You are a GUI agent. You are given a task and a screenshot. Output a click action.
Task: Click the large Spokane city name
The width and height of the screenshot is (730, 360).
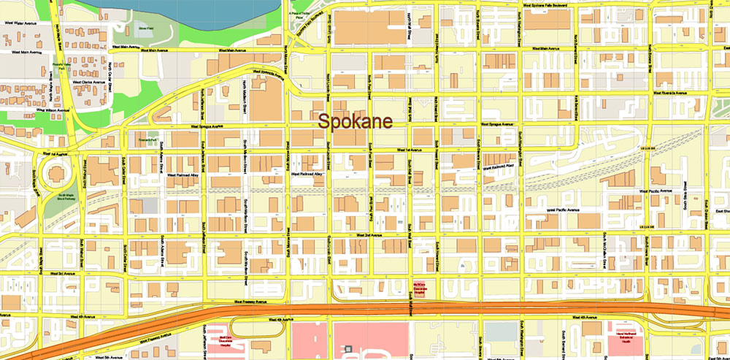(355, 121)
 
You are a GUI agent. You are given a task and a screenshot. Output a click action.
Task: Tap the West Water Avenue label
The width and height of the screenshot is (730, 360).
(19, 23)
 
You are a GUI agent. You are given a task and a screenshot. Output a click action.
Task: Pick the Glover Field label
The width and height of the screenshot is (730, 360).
(145, 28)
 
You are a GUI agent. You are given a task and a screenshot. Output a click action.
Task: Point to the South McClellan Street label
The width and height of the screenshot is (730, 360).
(604, 245)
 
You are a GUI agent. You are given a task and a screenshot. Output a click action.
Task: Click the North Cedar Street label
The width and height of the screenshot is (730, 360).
(110, 74)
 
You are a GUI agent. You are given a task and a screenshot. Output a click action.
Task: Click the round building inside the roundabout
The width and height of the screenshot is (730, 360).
(55, 175)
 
